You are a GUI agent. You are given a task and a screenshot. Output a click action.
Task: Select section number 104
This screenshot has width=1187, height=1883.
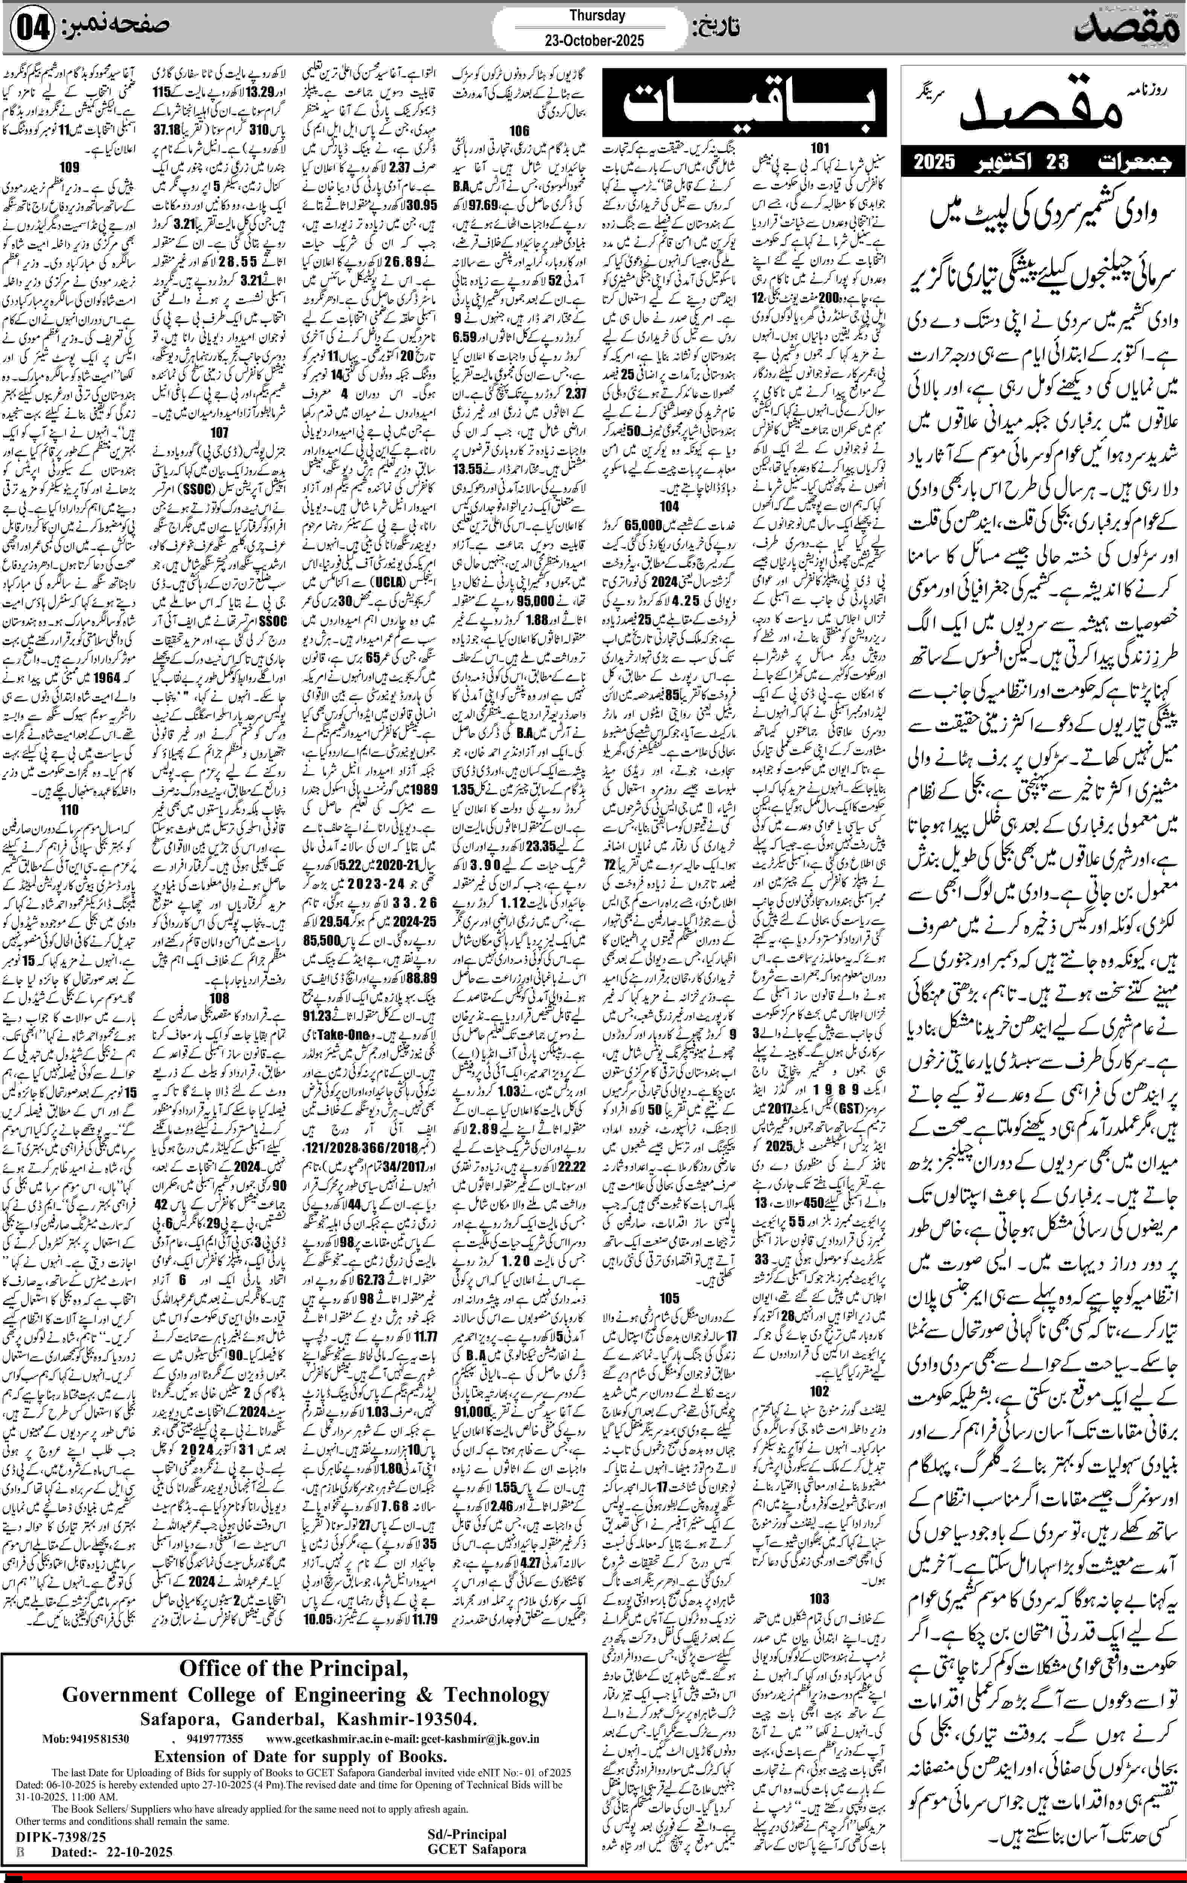click(669, 507)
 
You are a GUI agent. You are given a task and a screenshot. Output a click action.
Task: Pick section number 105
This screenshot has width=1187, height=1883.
click(669, 1299)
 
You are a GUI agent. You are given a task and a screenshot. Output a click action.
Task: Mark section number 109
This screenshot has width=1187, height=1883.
click(70, 166)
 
